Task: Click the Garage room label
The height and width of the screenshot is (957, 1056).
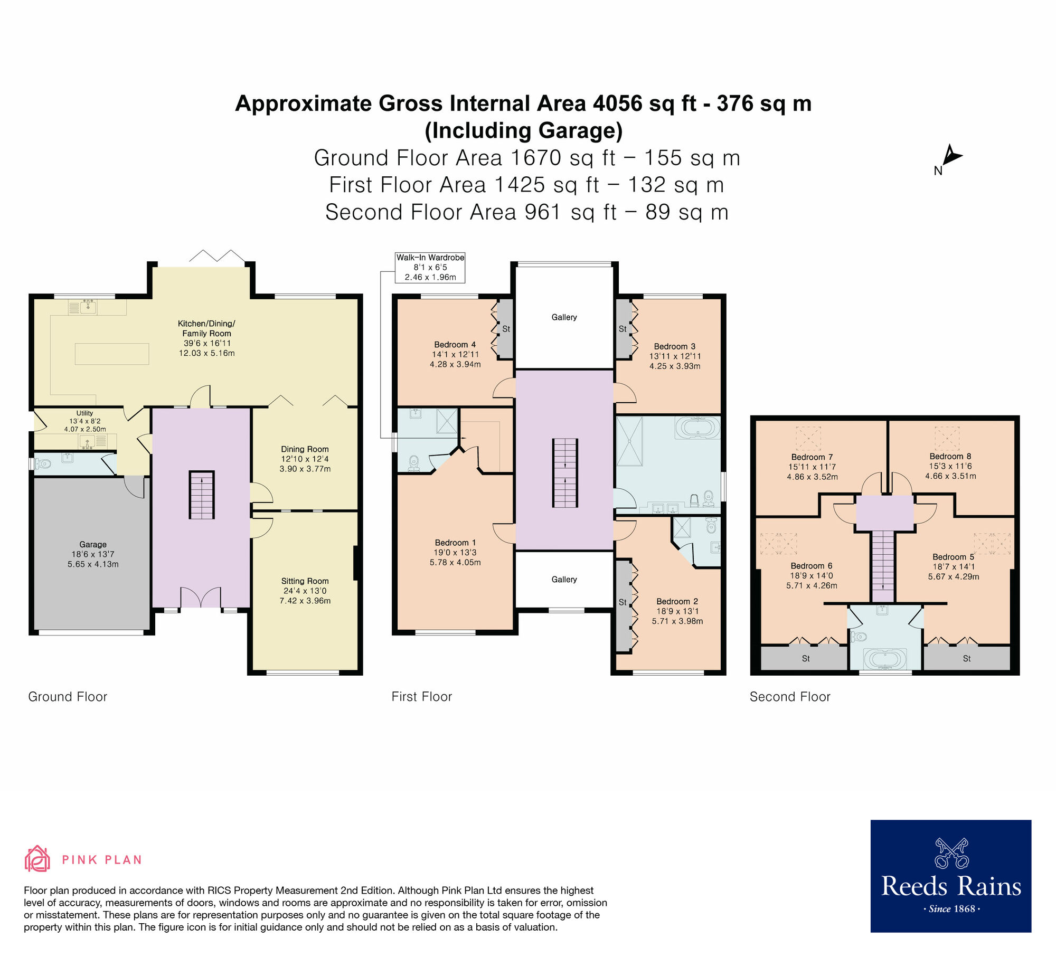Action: [93, 544]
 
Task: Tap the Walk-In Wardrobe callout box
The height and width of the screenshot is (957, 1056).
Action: [430, 267]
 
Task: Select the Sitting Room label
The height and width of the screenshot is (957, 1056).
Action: [305, 581]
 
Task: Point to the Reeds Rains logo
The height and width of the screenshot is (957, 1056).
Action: [950, 876]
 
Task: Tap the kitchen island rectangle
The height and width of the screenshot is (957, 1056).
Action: [112, 354]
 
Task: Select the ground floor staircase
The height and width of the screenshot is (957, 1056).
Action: [202, 495]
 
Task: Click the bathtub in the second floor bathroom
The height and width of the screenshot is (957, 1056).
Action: [884, 659]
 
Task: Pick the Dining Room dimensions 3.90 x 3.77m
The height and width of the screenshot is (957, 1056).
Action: [305, 469]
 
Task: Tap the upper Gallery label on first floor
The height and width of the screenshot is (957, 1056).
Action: [564, 317]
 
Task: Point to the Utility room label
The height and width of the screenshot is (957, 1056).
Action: [84, 413]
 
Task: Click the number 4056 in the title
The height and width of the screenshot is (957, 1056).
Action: [617, 103]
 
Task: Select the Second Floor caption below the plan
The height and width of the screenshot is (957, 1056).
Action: [790, 697]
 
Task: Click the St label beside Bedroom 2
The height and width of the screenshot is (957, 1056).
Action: [623, 602]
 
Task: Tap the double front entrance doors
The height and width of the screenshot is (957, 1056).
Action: [201, 598]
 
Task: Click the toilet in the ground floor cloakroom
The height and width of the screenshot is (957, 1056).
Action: [43, 464]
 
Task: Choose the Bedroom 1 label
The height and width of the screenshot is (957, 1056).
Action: [455, 543]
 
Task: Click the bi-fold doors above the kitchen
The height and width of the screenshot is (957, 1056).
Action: [216, 257]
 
